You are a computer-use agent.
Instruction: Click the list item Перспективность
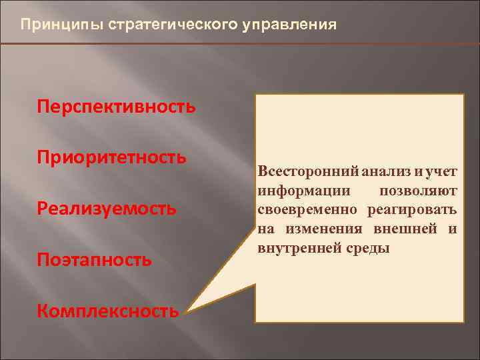pos(117,107)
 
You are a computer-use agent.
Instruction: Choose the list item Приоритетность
pos(111,157)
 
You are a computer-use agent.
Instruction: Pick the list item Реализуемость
pos(107,209)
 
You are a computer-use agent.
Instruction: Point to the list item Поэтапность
pos(95,259)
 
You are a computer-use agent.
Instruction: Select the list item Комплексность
pos(108,311)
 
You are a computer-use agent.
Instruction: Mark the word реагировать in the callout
pos(413,210)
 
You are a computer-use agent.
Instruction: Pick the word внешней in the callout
pos(403,229)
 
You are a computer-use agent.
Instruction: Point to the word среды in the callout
pos(365,249)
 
